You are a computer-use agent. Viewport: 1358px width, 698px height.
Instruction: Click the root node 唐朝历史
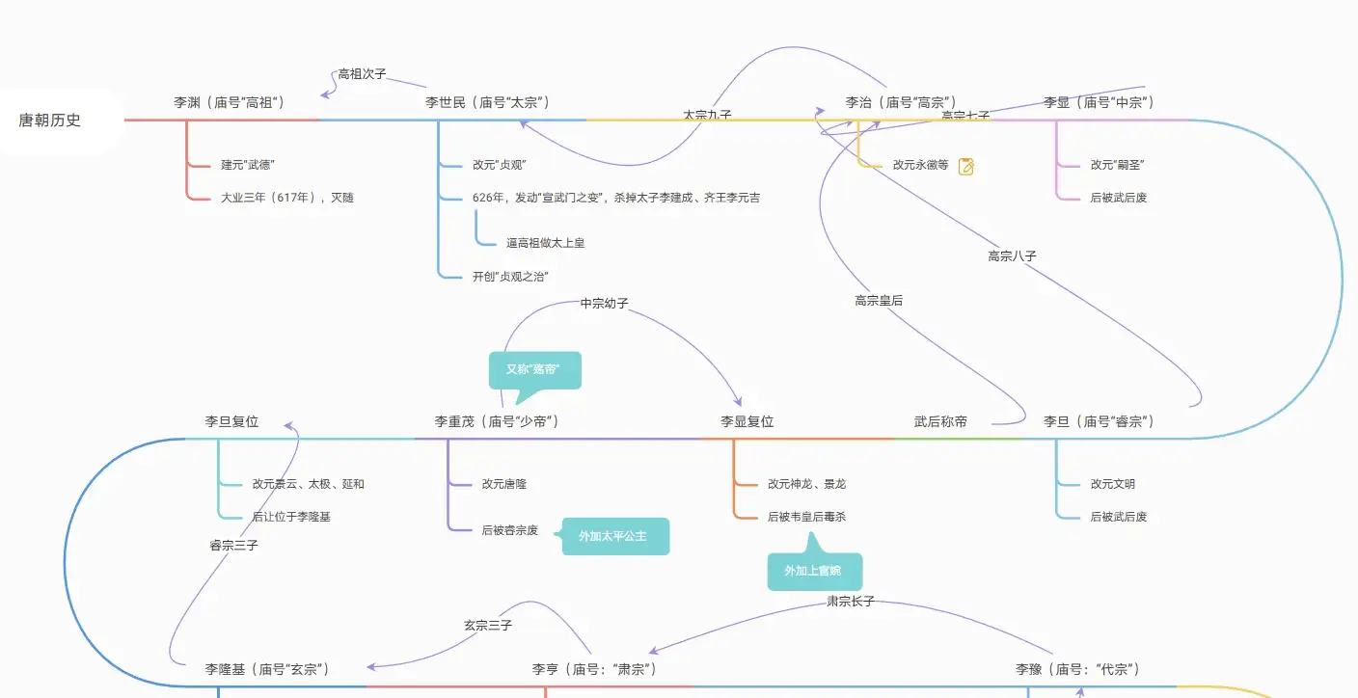coord(50,121)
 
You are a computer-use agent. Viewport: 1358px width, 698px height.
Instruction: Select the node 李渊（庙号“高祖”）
coord(229,102)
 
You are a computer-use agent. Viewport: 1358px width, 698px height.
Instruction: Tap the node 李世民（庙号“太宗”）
coord(487,102)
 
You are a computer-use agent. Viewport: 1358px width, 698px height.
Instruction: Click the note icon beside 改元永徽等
coord(965,166)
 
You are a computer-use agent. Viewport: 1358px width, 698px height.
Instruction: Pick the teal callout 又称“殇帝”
coord(533,369)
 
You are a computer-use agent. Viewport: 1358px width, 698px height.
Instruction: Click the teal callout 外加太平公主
coord(614,536)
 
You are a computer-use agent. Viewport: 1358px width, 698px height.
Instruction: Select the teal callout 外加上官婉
coord(813,571)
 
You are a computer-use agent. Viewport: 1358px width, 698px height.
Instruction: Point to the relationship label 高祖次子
coord(362,74)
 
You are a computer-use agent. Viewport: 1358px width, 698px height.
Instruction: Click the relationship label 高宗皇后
coord(879,301)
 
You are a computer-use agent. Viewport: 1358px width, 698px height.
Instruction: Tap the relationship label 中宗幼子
coord(604,304)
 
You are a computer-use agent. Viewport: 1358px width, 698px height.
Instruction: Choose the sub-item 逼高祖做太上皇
coord(545,243)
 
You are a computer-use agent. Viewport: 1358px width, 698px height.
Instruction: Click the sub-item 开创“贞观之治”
coord(510,277)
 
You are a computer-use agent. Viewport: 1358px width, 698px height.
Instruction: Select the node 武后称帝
coord(940,421)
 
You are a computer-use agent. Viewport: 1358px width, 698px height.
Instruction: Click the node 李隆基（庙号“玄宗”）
coord(267,669)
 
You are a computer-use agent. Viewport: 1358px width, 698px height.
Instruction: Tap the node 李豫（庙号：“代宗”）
coord(1077,669)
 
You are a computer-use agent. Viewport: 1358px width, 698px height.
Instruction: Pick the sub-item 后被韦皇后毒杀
coord(806,517)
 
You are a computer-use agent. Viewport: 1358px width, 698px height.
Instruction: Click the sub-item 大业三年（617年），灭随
coord(286,198)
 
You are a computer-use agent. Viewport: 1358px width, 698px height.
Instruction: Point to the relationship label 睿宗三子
coord(233,546)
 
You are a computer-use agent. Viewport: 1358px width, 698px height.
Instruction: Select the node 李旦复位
coord(231,421)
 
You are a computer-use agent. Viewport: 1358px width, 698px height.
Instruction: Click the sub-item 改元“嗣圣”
coord(1117,165)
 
